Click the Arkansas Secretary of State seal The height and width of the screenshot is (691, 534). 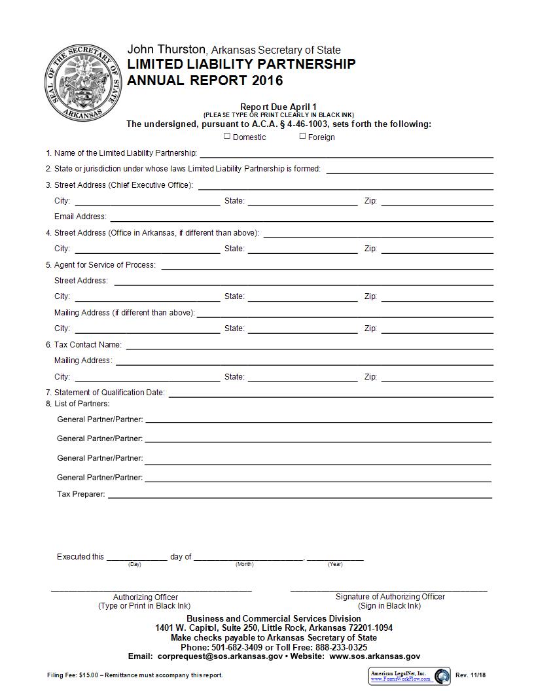click(x=83, y=82)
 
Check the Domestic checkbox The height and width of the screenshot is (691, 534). click(x=227, y=136)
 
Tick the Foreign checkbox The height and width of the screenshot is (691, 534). click(x=302, y=136)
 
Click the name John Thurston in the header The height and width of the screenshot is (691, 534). click(x=166, y=50)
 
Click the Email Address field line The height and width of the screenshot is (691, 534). click(x=301, y=217)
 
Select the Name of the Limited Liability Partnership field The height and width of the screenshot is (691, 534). click(x=346, y=153)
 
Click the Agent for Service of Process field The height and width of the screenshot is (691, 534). click(x=327, y=265)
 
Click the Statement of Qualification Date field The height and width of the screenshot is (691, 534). click(x=330, y=393)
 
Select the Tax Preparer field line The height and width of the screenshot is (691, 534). click(x=299, y=494)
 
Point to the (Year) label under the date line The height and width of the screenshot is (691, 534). click(x=335, y=564)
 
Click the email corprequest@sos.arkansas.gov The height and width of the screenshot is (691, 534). click(x=220, y=656)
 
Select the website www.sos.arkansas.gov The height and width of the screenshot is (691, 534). click(x=375, y=656)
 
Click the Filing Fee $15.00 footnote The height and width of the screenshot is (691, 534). click(x=135, y=675)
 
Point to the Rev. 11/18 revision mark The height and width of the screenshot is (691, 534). click(x=469, y=675)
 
